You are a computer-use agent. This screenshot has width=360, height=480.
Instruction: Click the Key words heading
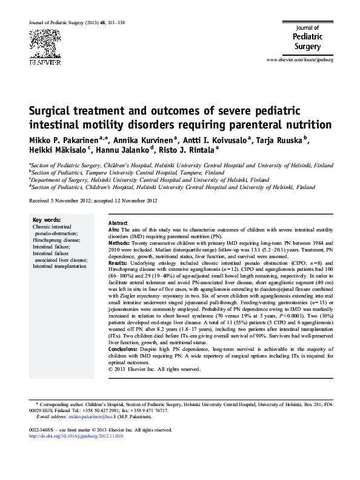45,219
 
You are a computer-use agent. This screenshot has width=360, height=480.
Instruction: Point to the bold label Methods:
119,241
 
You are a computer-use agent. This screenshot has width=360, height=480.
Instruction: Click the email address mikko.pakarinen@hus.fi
84,417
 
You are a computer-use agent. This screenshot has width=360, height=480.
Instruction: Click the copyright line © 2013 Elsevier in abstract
153,369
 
